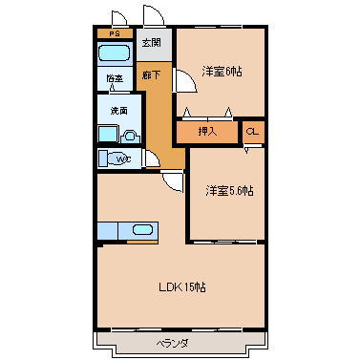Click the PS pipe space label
(x=115, y=33)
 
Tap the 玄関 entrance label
(x=151, y=43)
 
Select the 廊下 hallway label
(x=151, y=75)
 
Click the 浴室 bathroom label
(x=115, y=78)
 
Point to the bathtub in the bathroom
(x=115, y=53)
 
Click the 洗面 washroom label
(x=119, y=111)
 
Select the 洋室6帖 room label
(x=222, y=72)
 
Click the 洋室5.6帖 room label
(x=229, y=191)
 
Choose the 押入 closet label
(x=207, y=132)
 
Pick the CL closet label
(x=253, y=132)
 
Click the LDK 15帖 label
(x=182, y=287)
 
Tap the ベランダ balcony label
(x=172, y=344)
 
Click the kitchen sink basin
(x=142, y=230)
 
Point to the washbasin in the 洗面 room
(x=130, y=137)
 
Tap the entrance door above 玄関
(x=154, y=14)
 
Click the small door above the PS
(x=119, y=17)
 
